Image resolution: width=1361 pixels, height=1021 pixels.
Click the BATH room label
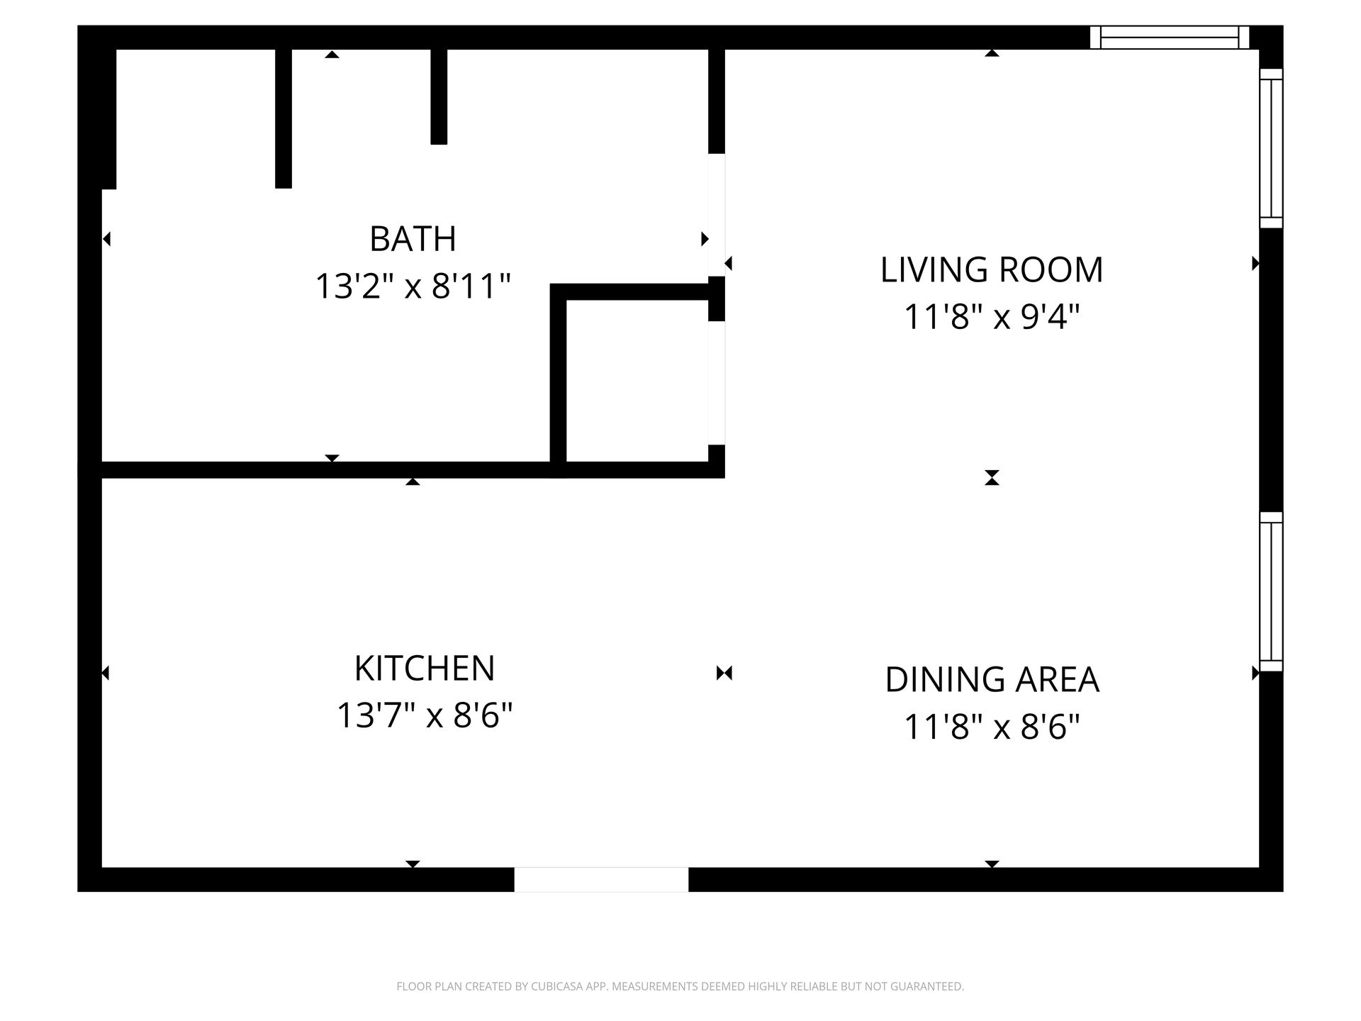coord(413,239)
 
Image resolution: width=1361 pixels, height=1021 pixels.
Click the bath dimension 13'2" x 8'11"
coord(413,286)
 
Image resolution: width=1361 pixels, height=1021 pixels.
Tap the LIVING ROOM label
coord(992,270)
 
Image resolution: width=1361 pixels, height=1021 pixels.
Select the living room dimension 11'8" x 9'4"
coord(992,317)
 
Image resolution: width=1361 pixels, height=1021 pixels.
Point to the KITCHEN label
coord(424,668)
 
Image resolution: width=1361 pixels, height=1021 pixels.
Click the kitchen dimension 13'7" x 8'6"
coord(424,715)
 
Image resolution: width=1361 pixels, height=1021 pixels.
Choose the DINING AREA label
coord(992,679)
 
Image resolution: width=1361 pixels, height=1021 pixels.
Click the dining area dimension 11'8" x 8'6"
coord(992,727)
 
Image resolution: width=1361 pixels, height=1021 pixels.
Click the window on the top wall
coord(1169,37)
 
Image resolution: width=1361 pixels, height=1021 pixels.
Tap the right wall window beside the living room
coord(1271,148)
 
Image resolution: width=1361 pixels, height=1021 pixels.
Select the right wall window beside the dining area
coord(1271,591)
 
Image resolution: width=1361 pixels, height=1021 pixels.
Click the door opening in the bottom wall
coord(601,879)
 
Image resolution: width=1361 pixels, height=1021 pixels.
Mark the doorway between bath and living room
coord(717,214)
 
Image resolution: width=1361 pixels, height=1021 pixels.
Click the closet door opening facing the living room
coord(717,383)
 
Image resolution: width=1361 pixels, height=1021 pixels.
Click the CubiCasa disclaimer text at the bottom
coord(680,986)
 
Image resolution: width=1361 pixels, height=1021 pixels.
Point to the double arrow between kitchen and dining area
coord(724,673)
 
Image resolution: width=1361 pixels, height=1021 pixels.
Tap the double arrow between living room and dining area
coord(992,477)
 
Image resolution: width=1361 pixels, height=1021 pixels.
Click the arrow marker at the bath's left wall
coord(106,239)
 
